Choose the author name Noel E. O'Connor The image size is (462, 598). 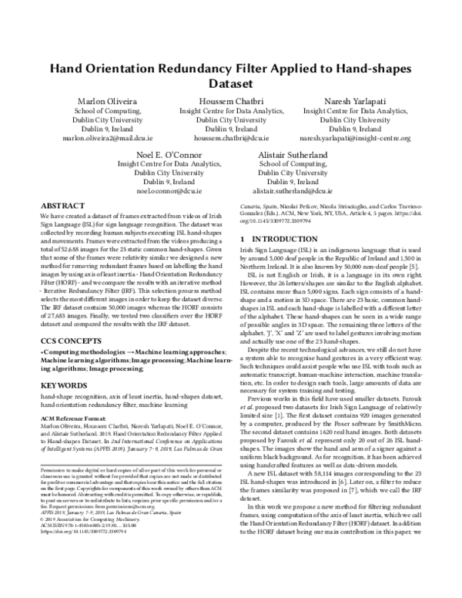point(166,154)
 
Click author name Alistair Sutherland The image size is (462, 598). point(295,154)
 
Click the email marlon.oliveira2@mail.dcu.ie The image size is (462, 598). point(104,139)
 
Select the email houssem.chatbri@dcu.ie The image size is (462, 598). point(230,139)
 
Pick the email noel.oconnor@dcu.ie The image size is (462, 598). point(166,190)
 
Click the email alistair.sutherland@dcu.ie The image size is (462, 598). point(295,190)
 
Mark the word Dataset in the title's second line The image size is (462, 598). point(230,83)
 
